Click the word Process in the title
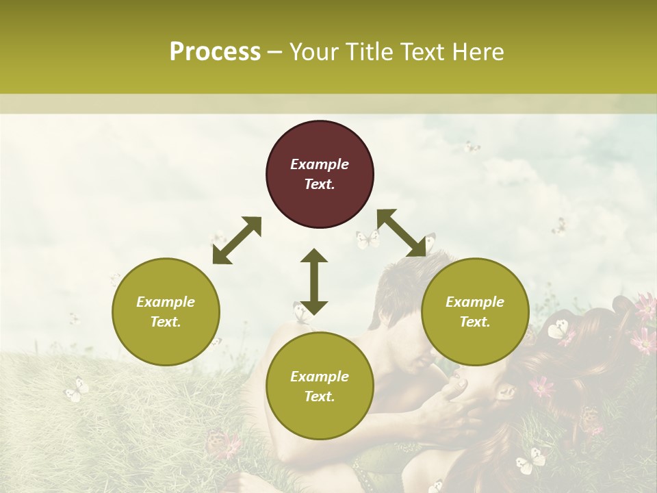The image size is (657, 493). click(x=215, y=52)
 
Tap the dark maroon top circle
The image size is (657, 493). click(x=320, y=175)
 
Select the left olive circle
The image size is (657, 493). click(x=166, y=312)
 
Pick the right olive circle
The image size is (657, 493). click(x=475, y=312)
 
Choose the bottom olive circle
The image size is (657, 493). click(x=320, y=386)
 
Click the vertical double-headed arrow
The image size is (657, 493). click(x=314, y=281)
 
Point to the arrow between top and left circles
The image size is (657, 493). click(x=237, y=240)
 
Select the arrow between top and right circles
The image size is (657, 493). click(x=402, y=233)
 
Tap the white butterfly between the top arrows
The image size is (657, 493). click(x=368, y=239)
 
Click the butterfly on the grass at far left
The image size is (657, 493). click(x=76, y=391)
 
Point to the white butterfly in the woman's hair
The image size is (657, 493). click(x=560, y=330)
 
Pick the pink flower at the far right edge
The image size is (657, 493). click(x=645, y=306)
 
